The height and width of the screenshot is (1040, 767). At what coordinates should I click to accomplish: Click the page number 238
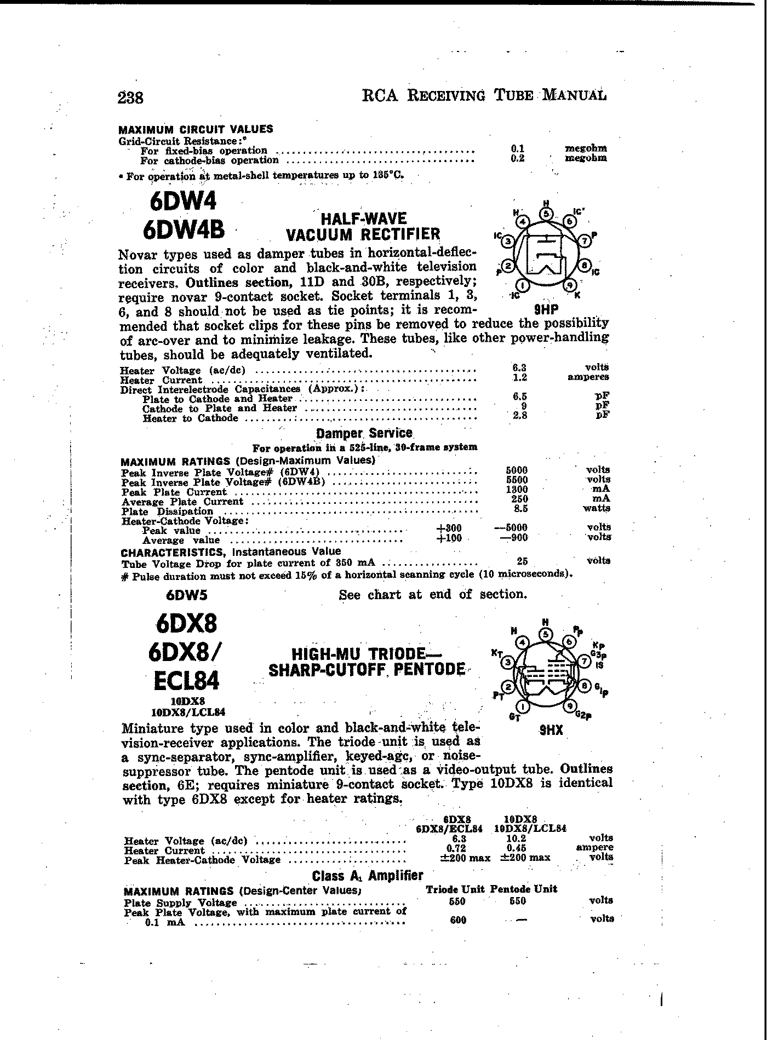point(130,98)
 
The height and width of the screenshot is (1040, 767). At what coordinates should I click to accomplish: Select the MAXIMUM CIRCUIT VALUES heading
point(196,130)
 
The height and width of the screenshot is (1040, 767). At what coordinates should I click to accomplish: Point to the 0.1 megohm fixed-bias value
point(518,148)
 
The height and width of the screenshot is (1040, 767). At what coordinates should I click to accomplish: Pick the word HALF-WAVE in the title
point(364,219)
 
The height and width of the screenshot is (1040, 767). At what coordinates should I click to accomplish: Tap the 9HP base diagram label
point(547,309)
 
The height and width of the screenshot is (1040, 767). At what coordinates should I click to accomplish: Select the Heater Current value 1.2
point(519,377)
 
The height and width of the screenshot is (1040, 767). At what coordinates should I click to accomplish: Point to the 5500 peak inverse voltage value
point(517,480)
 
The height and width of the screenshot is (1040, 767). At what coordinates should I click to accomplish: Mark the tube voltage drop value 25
point(522,561)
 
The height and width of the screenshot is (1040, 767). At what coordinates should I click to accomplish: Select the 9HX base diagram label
point(551,730)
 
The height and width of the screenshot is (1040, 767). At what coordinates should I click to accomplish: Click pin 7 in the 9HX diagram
point(584,662)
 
